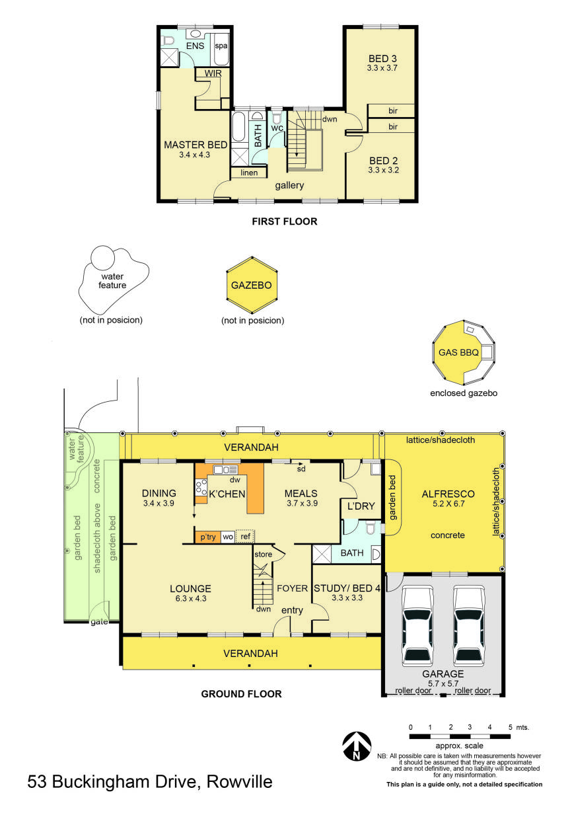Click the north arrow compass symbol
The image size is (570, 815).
(x=356, y=746)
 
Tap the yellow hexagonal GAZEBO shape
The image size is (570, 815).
(x=252, y=286)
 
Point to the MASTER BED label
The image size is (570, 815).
(x=196, y=145)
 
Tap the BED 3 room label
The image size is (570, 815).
(x=383, y=58)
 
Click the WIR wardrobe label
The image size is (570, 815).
(x=213, y=73)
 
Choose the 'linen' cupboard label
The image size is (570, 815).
(x=249, y=173)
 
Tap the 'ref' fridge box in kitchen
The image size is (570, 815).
(x=245, y=537)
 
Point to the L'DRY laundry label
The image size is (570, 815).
(x=361, y=506)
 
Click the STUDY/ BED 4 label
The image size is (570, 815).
(x=347, y=588)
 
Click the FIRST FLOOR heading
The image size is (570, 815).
(x=284, y=221)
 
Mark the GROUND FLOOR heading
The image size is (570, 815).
(x=241, y=694)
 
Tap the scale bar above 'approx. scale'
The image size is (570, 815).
(x=460, y=736)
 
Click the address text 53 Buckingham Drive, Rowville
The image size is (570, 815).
(x=150, y=783)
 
